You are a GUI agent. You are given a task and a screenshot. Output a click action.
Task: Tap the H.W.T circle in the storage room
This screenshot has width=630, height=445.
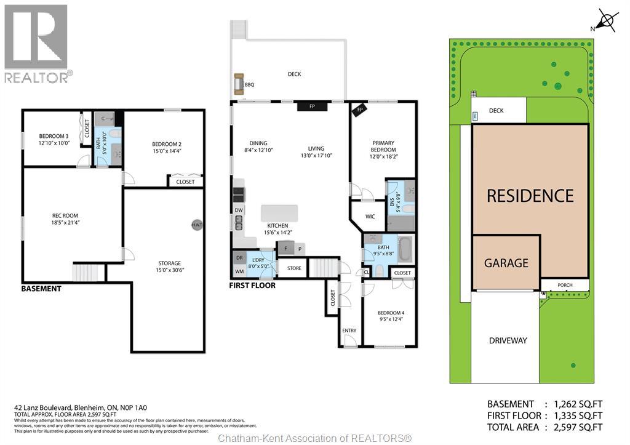pyautogui.click(x=197, y=225)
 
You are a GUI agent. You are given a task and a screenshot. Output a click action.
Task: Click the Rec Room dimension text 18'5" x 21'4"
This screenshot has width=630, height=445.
pyautogui.click(x=63, y=222)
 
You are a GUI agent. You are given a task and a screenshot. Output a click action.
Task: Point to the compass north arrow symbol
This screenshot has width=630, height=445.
pyautogui.click(x=608, y=20)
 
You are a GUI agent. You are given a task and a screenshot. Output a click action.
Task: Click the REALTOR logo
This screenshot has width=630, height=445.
pyautogui.click(x=36, y=44)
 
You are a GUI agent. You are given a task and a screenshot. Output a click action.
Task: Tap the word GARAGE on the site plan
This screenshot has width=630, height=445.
pyautogui.click(x=506, y=263)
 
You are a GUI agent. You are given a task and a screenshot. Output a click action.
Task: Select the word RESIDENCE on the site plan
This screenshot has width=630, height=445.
pyautogui.click(x=530, y=196)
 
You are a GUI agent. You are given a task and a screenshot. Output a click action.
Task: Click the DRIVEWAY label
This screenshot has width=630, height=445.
pyautogui.click(x=508, y=340)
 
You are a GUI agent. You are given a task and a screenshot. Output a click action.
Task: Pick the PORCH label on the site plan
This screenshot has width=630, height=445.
pyautogui.click(x=565, y=285)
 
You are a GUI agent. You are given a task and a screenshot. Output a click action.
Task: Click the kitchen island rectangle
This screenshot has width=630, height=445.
pyautogui.click(x=279, y=213)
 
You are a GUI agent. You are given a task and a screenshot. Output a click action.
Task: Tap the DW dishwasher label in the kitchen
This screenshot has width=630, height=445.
pyautogui.click(x=238, y=210)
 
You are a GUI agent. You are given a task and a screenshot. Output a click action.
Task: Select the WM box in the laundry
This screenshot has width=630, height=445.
pyautogui.click(x=239, y=271)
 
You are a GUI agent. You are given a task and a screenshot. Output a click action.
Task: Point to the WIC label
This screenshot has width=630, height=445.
pyautogui.click(x=370, y=217)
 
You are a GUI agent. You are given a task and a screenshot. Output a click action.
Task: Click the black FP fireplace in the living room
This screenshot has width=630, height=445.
pyautogui.click(x=312, y=106)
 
